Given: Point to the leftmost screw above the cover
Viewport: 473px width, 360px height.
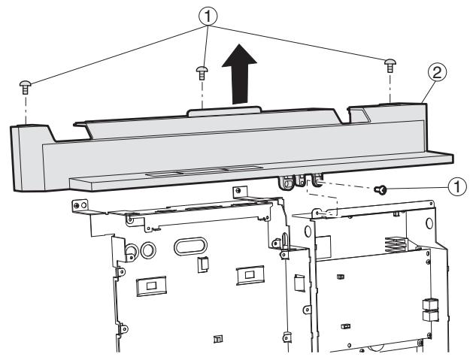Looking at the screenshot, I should (24, 87).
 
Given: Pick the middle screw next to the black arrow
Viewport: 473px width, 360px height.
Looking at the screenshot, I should (202, 72).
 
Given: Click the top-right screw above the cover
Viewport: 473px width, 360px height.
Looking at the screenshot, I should (389, 64).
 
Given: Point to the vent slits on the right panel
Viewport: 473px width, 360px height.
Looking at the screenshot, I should (397, 245).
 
